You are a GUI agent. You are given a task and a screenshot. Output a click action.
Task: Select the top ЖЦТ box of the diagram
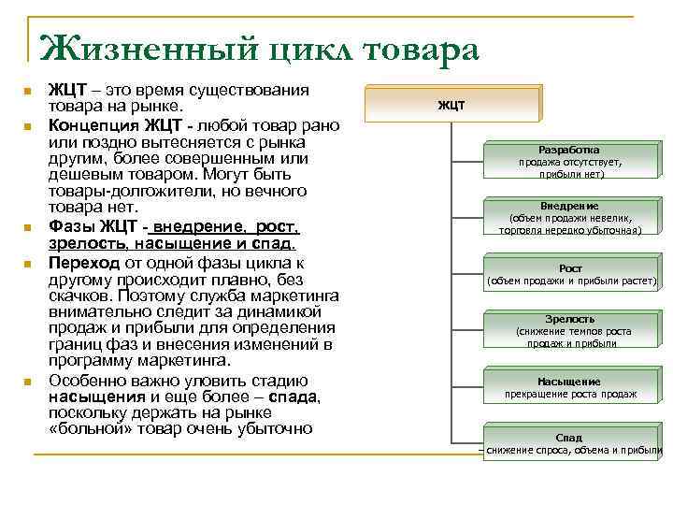pos(451,105)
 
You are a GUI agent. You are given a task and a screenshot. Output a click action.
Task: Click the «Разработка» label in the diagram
pos(569,150)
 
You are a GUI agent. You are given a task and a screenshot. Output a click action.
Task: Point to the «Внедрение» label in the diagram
pos(569,206)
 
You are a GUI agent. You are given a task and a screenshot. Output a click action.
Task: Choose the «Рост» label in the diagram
pos(569,268)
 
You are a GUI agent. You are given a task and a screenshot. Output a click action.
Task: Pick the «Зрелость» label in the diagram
pos(569,319)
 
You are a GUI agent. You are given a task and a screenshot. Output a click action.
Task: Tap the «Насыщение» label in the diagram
pos(569,382)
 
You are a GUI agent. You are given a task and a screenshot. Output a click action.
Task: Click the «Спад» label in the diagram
pos(569,438)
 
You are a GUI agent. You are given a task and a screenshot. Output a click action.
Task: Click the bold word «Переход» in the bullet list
pos(85,262)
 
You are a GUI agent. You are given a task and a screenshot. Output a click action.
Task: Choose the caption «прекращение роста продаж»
pos(569,394)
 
